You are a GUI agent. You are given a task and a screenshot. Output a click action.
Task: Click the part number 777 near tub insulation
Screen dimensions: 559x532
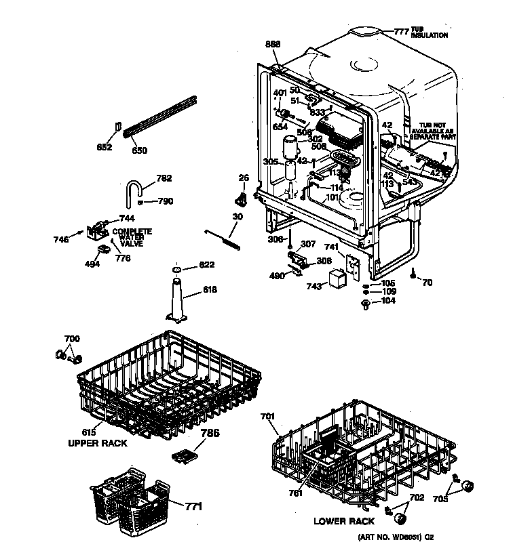[402, 31]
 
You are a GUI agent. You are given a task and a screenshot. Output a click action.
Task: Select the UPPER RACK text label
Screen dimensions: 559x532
[97, 442]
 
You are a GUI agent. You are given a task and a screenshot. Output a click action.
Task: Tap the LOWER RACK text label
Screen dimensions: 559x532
[344, 521]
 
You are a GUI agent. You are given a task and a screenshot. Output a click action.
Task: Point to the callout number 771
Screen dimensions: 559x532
[193, 505]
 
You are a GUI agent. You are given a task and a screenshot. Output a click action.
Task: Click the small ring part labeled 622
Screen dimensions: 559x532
[176, 270]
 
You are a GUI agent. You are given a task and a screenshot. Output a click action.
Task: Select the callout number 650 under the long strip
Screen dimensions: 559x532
[138, 150]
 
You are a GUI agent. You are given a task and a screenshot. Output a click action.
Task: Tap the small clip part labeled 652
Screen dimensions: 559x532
[118, 127]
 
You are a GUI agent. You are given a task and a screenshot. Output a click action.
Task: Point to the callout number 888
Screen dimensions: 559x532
[272, 44]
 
